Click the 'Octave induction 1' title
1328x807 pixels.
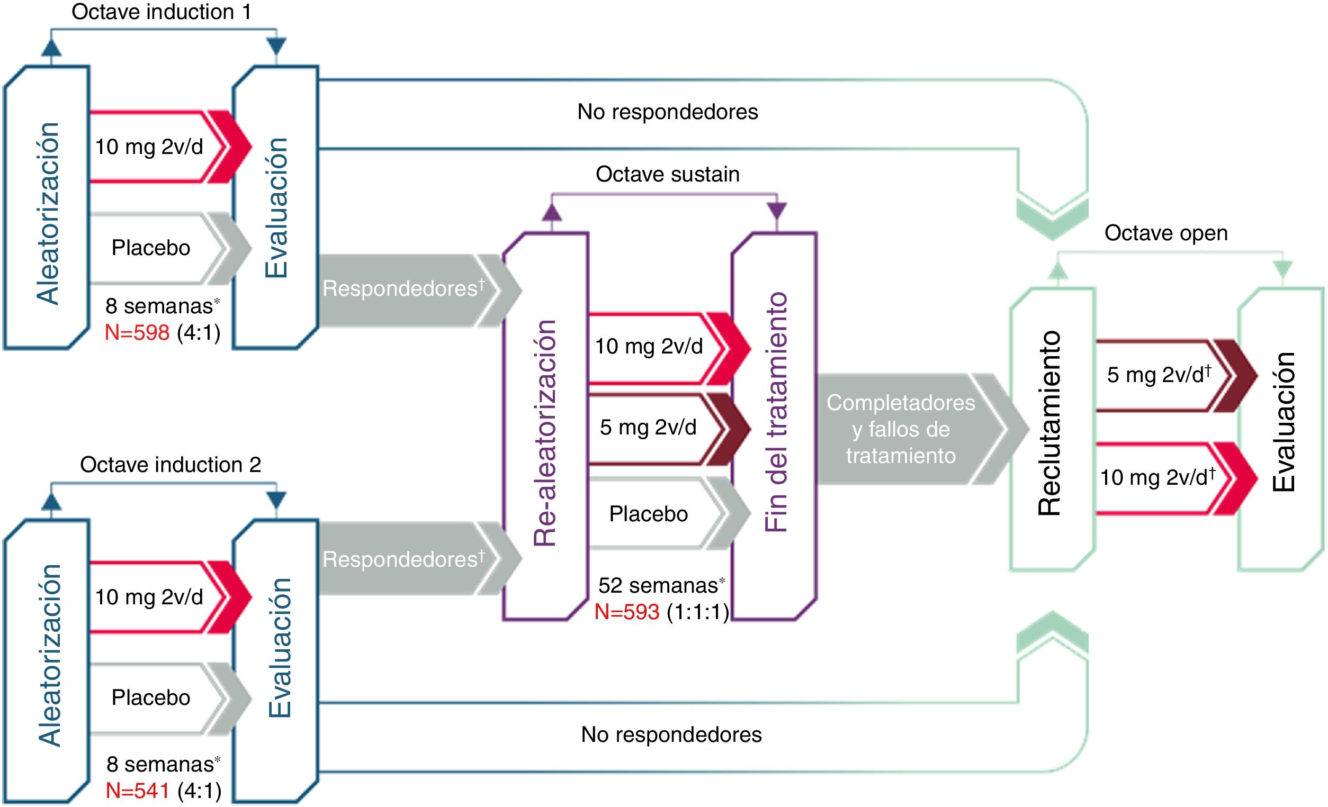click(x=161, y=12)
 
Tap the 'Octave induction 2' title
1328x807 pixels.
click(x=171, y=465)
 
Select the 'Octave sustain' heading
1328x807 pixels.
click(x=667, y=174)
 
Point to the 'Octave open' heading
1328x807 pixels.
click(x=1166, y=233)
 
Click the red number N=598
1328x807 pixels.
click(x=138, y=332)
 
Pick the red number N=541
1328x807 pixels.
click(x=138, y=790)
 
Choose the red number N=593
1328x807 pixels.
click(x=627, y=612)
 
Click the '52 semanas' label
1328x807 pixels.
click(x=658, y=585)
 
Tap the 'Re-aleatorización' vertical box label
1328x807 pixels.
click(x=545, y=432)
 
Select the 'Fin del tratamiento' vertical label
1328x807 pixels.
click(x=776, y=412)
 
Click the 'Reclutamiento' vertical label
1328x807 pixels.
click(x=1050, y=423)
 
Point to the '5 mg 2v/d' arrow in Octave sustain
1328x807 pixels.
click(x=648, y=427)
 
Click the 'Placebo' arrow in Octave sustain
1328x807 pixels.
click(x=648, y=514)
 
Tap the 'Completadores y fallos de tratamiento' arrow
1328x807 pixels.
click(x=901, y=429)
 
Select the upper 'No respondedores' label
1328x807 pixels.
click(x=667, y=112)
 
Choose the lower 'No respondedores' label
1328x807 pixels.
click(x=671, y=735)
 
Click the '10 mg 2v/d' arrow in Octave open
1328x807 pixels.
click(x=1156, y=477)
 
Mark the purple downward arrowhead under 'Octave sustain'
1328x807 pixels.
click(x=777, y=211)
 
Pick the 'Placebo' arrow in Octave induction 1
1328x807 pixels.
click(x=151, y=248)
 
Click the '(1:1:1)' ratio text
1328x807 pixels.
click(x=698, y=612)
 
